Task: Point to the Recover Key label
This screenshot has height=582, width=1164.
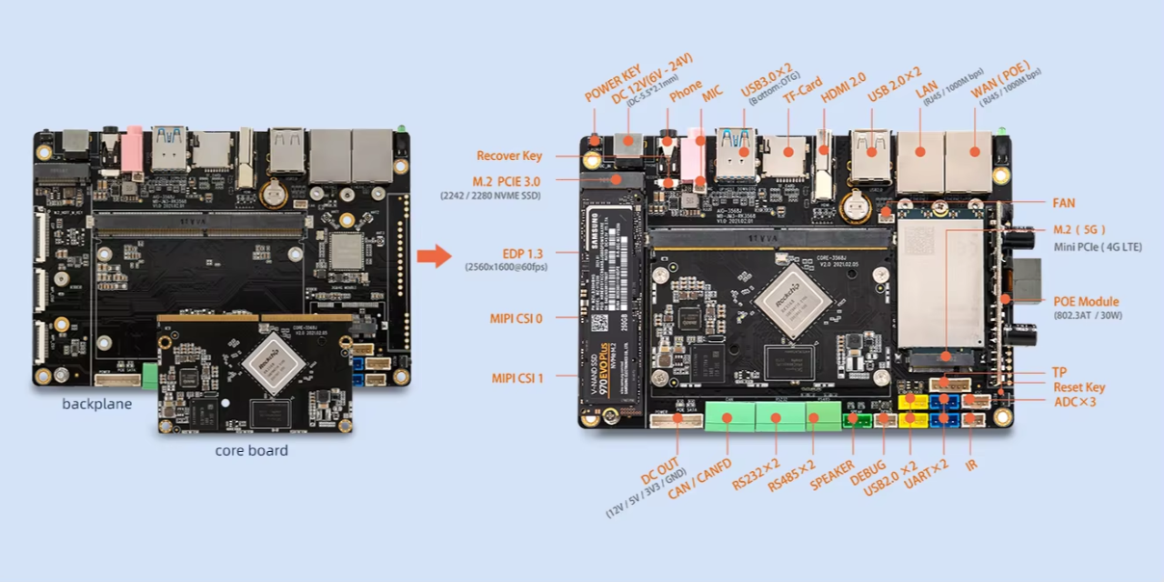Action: (x=509, y=156)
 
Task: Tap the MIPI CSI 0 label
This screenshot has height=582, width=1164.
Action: (x=517, y=318)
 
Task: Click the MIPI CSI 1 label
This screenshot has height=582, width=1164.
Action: (x=517, y=376)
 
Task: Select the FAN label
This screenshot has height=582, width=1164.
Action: (x=1064, y=203)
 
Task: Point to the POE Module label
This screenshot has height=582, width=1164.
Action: (x=1086, y=301)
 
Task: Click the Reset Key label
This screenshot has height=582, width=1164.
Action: (x=1079, y=387)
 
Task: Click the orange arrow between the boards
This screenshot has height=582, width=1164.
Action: (x=434, y=256)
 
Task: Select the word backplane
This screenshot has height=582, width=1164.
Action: (x=96, y=404)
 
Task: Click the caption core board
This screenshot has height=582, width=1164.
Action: (x=252, y=450)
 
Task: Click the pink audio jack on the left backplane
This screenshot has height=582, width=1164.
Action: (x=132, y=149)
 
